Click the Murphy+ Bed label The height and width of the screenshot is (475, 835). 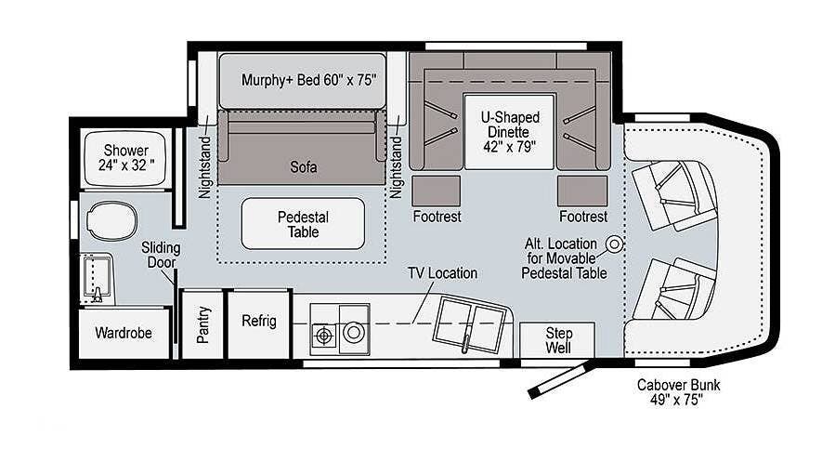click(x=309, y=81)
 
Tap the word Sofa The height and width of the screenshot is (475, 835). click(x=304, y=167)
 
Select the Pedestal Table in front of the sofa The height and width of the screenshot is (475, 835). click(x=303, y=224)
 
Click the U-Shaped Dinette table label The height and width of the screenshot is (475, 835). click(x=510, y=132)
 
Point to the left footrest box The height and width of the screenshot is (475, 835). click(x=437, y=191)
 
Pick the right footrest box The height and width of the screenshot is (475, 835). click(x=582, y=191)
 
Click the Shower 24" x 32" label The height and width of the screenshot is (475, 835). click(x=126, y=158)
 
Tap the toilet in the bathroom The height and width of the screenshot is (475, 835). click(x=111, y=220)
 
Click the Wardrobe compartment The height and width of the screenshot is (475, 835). click(x=124, y=333)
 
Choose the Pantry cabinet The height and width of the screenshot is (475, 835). click(x=202, y=324)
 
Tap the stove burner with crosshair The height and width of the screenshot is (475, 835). click(x=324, y=336)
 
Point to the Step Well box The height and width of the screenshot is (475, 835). click(x=557, y=340)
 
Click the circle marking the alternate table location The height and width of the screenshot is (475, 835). click(x=615, y=244)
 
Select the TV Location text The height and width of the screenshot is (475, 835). click(x=442, y=273)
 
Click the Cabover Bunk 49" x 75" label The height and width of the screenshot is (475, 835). click(x=678, y=392)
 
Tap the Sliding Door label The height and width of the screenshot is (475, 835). click(x=161, y=256)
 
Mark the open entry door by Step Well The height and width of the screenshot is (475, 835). click(x=559, y=380)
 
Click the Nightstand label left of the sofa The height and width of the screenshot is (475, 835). click(x=205, y=167)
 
